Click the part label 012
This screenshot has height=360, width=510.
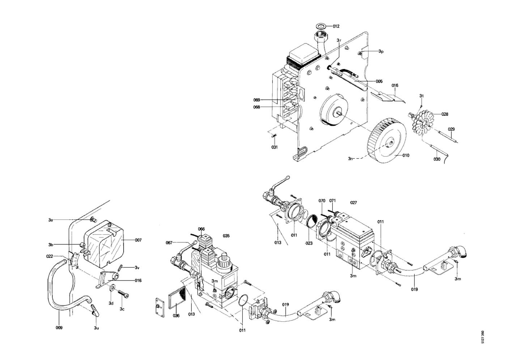coord(336,26)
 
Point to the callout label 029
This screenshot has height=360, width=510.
coord(451,129)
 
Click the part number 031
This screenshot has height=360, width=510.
coord(275,147)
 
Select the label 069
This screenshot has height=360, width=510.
coord(256,100)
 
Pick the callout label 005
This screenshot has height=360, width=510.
coord(379,81)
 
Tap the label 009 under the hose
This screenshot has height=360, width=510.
coord(59,328)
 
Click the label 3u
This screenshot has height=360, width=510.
coord(96,328)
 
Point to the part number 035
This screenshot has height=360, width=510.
coord(226,236)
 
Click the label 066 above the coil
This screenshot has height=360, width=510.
coord(201,229)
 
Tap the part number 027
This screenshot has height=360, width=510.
coord(353,202)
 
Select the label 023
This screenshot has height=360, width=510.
coord(309,243)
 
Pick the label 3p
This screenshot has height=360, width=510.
coord(381,51)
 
